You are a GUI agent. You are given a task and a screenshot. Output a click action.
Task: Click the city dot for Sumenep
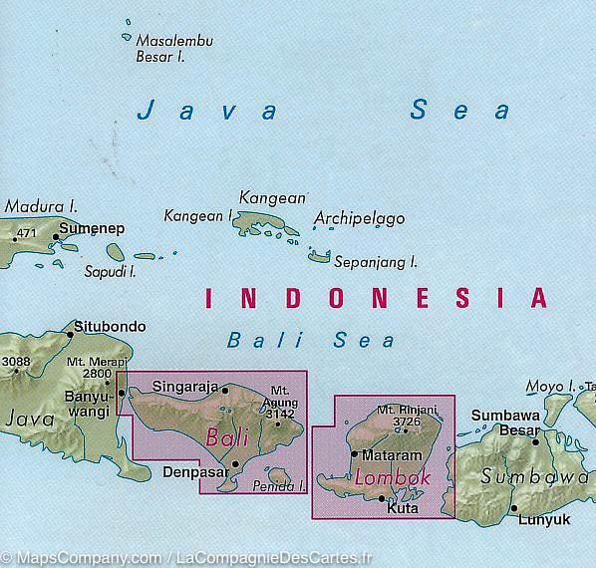coord(56,237)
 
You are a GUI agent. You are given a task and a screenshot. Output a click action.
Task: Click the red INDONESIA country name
coord(375,297)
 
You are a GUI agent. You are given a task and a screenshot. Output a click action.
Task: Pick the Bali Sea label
coord(310,340)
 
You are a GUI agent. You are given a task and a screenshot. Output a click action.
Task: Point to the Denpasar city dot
coord(236,464)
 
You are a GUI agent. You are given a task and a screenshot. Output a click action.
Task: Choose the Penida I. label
coord(286,487)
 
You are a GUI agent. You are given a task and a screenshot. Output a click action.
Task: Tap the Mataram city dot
coord(354,454)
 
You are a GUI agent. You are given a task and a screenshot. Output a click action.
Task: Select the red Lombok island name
coord(392,478)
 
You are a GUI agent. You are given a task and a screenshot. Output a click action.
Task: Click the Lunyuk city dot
coord(515,509)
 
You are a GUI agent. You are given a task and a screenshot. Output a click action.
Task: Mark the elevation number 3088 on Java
coord(16,362)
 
